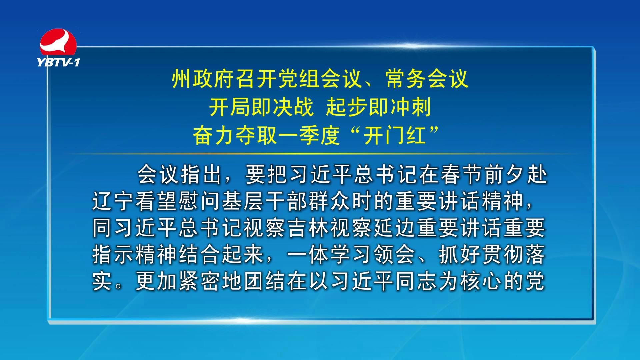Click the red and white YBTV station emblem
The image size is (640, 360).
[58, 42]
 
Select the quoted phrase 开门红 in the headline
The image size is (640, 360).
[395, 135]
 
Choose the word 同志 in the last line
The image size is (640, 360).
[416, 281]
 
